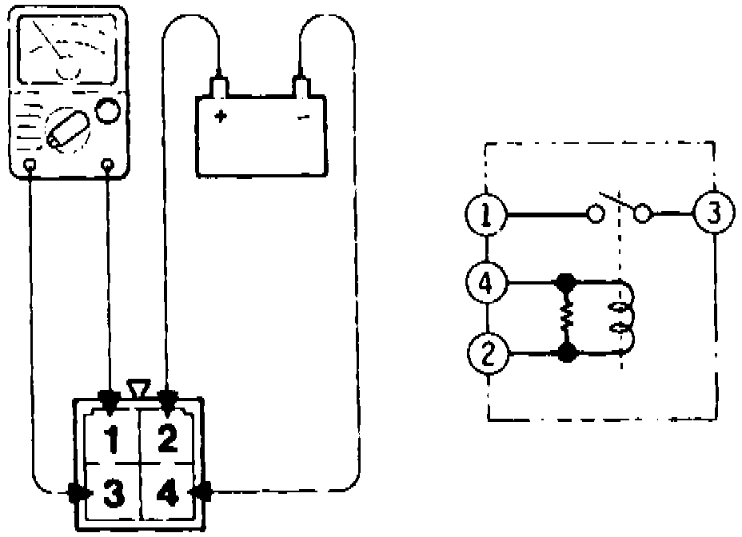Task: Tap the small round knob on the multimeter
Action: pos(106,110)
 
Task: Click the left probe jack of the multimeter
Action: pos(30,165)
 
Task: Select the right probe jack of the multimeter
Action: pos(107,165)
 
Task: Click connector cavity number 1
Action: pos(113,438)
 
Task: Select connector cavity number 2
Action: pos(166,438)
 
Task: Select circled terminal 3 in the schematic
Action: pos(711,213)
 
